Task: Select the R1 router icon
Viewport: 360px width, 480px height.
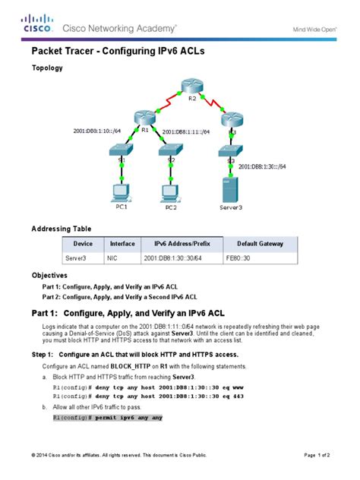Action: [x=143, y=118]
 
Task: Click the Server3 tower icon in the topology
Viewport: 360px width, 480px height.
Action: [x=225, y=190]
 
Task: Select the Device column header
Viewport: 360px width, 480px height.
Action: [x=83, y=244]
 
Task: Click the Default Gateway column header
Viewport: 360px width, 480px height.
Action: [x=260, y=244]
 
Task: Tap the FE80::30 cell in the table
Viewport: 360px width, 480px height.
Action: [x=244, y=258]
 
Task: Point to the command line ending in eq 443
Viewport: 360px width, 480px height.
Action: [x=147, y=396]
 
